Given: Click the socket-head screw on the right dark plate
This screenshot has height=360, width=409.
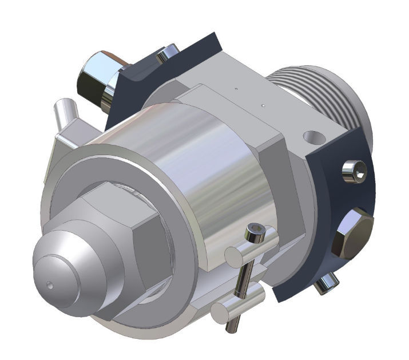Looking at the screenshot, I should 355,171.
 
